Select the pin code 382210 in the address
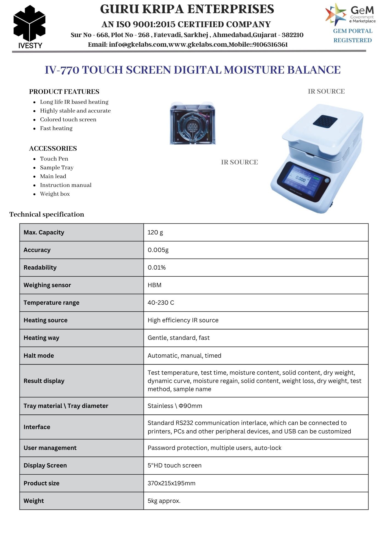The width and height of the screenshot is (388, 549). point(293,35)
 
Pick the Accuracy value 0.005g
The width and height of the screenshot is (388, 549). point(158,250)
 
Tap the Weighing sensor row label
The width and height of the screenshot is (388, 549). point(47,285)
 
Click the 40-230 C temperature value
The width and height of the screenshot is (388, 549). point(161,303)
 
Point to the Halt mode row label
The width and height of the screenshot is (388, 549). point(39,356)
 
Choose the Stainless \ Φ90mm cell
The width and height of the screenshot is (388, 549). point(175,406)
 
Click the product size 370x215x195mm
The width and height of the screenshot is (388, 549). point(171,483)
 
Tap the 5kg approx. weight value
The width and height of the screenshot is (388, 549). point(164,501)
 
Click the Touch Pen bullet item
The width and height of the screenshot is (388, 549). point(54,159)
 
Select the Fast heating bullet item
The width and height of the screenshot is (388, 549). point(56,128)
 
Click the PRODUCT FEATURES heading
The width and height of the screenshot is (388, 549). point(64,92)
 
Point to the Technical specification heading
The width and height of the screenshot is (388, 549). point(47,214)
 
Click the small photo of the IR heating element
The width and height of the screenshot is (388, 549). point(193,123)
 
